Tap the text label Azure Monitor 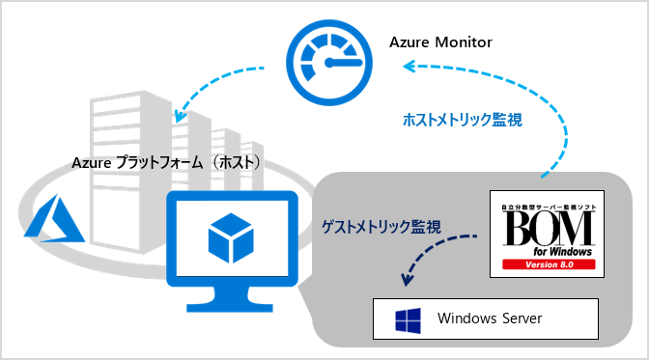[x=440, y=42]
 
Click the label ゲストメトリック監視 [x=381, y=228]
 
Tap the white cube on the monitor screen [x=232, y=235]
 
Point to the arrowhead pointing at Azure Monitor [x=408, y=66]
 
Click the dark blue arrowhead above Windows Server [x=407, y=283]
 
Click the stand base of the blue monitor [x=232, y=306]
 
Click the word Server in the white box [x=519, y=318]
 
